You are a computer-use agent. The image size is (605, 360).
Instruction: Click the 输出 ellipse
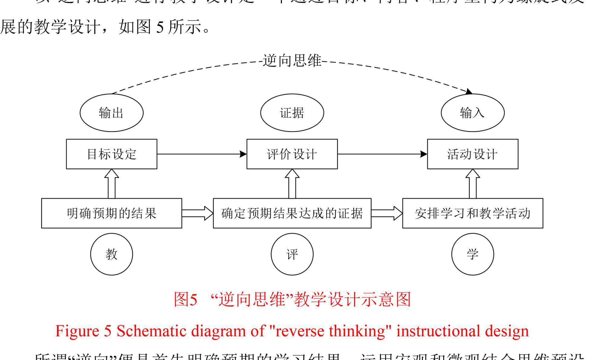(x=111, y=113)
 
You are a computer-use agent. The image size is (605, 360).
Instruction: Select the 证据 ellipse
(x=292, y=113)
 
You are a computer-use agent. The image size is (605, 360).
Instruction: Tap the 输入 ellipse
(x=473, y=113)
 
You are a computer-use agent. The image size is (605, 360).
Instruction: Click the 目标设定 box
(x=111, y=154)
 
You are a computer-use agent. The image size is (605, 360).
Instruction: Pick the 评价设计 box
(x=292, y=154)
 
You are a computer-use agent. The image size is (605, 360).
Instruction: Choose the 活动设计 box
(x=473, y=154)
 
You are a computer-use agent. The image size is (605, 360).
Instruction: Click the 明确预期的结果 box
(x=111, y=213)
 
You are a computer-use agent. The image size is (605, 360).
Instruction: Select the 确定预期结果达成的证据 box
(x=292, y=213)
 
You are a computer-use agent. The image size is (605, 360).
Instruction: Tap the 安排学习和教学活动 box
(x=473, y=213)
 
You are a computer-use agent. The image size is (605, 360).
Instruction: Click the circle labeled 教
(x=111, y=254)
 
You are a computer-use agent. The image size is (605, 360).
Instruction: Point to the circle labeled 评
(x=292, y=254)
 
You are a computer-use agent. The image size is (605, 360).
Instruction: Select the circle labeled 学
(x=473, y=254)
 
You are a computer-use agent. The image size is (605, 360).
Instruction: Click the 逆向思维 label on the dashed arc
(x=292, y=61)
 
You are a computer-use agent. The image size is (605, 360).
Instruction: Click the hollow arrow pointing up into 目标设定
(x=111, y=183)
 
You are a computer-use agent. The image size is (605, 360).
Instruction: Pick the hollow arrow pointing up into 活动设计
(x=473, y=183)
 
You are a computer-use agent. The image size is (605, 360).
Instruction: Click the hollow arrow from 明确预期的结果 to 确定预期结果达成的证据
(x=198, y=213)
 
